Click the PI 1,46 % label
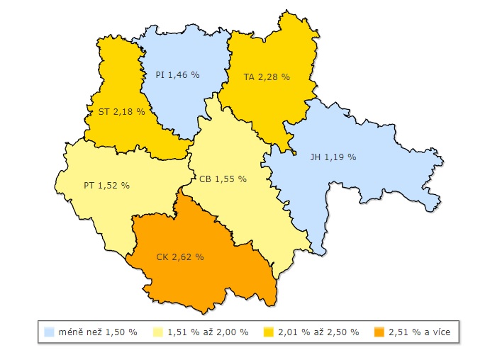click(178, 74)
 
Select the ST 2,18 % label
click(121, 111)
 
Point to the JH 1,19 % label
click(333, 157)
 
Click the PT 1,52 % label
click(106, 185)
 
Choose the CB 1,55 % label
click(223, 179)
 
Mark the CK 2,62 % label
click(180, 257)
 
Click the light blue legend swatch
click(49, 332)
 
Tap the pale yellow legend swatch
click(157, 332)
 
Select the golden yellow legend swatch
click(268, 332)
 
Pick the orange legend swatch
click(379, 332)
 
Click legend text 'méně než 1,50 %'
click(98, 332)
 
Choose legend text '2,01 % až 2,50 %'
click(318, 332)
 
